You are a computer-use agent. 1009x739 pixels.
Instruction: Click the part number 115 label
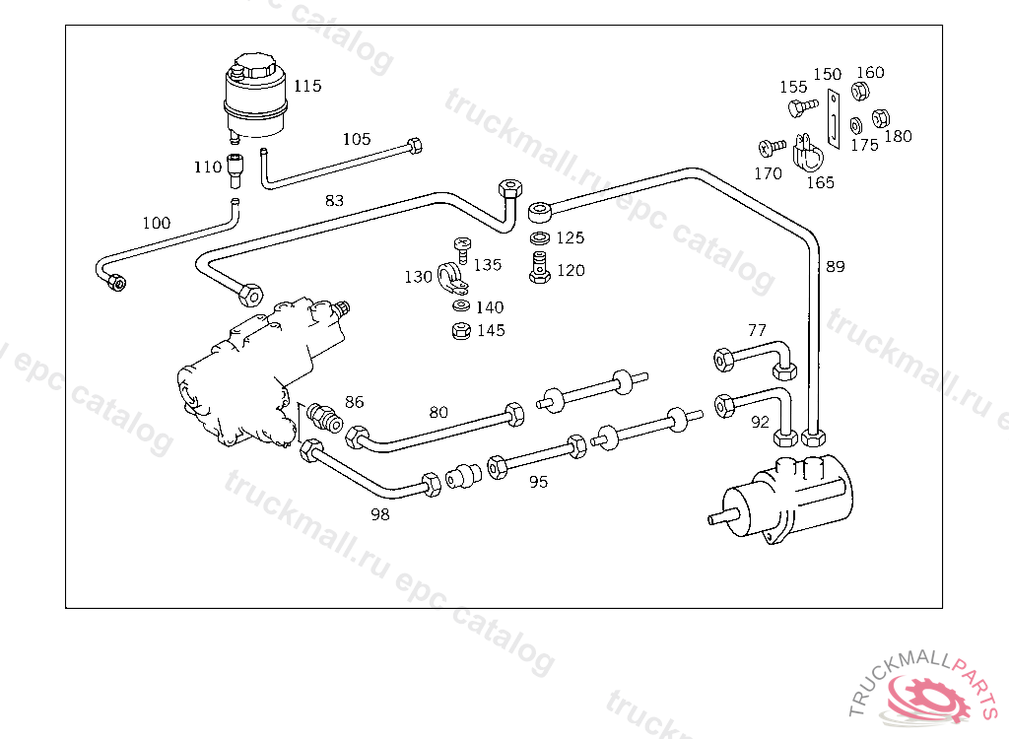click(x=307, y=87)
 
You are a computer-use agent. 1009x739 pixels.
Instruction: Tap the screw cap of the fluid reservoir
click(x=255, y=66)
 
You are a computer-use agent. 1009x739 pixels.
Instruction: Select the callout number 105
click(x=357, y=139)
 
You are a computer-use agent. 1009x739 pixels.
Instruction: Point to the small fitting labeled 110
click(x=235, y=169)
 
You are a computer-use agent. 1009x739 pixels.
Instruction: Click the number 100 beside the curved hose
click(x=157, y=224)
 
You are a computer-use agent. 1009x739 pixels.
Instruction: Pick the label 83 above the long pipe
click(x=334, y=201)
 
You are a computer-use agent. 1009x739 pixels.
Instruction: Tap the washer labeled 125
click(x=540, y=238)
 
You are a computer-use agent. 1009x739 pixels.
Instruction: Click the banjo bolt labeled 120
click(x=539, y=267)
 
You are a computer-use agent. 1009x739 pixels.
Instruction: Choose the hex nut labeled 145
click(x=461, y=331)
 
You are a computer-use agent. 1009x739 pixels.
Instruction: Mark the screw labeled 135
click(x=463, y=249)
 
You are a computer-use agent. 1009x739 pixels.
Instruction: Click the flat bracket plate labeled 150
click(x=834, y=119)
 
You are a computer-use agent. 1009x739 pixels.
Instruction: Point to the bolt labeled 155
click(x=802, y=106)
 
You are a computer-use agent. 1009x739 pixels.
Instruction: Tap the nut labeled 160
click(x=859, y=92)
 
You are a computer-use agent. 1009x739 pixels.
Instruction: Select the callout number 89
click(x=836, y=266)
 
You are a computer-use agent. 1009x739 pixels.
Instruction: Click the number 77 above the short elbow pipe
click(x=758, y=330)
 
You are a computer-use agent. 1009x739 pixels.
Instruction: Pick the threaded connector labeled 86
click(x=324, y=418)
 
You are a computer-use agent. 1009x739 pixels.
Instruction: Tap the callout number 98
click(x=380, y=514)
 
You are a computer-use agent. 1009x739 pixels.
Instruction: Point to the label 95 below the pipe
click(x=539, y=482)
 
